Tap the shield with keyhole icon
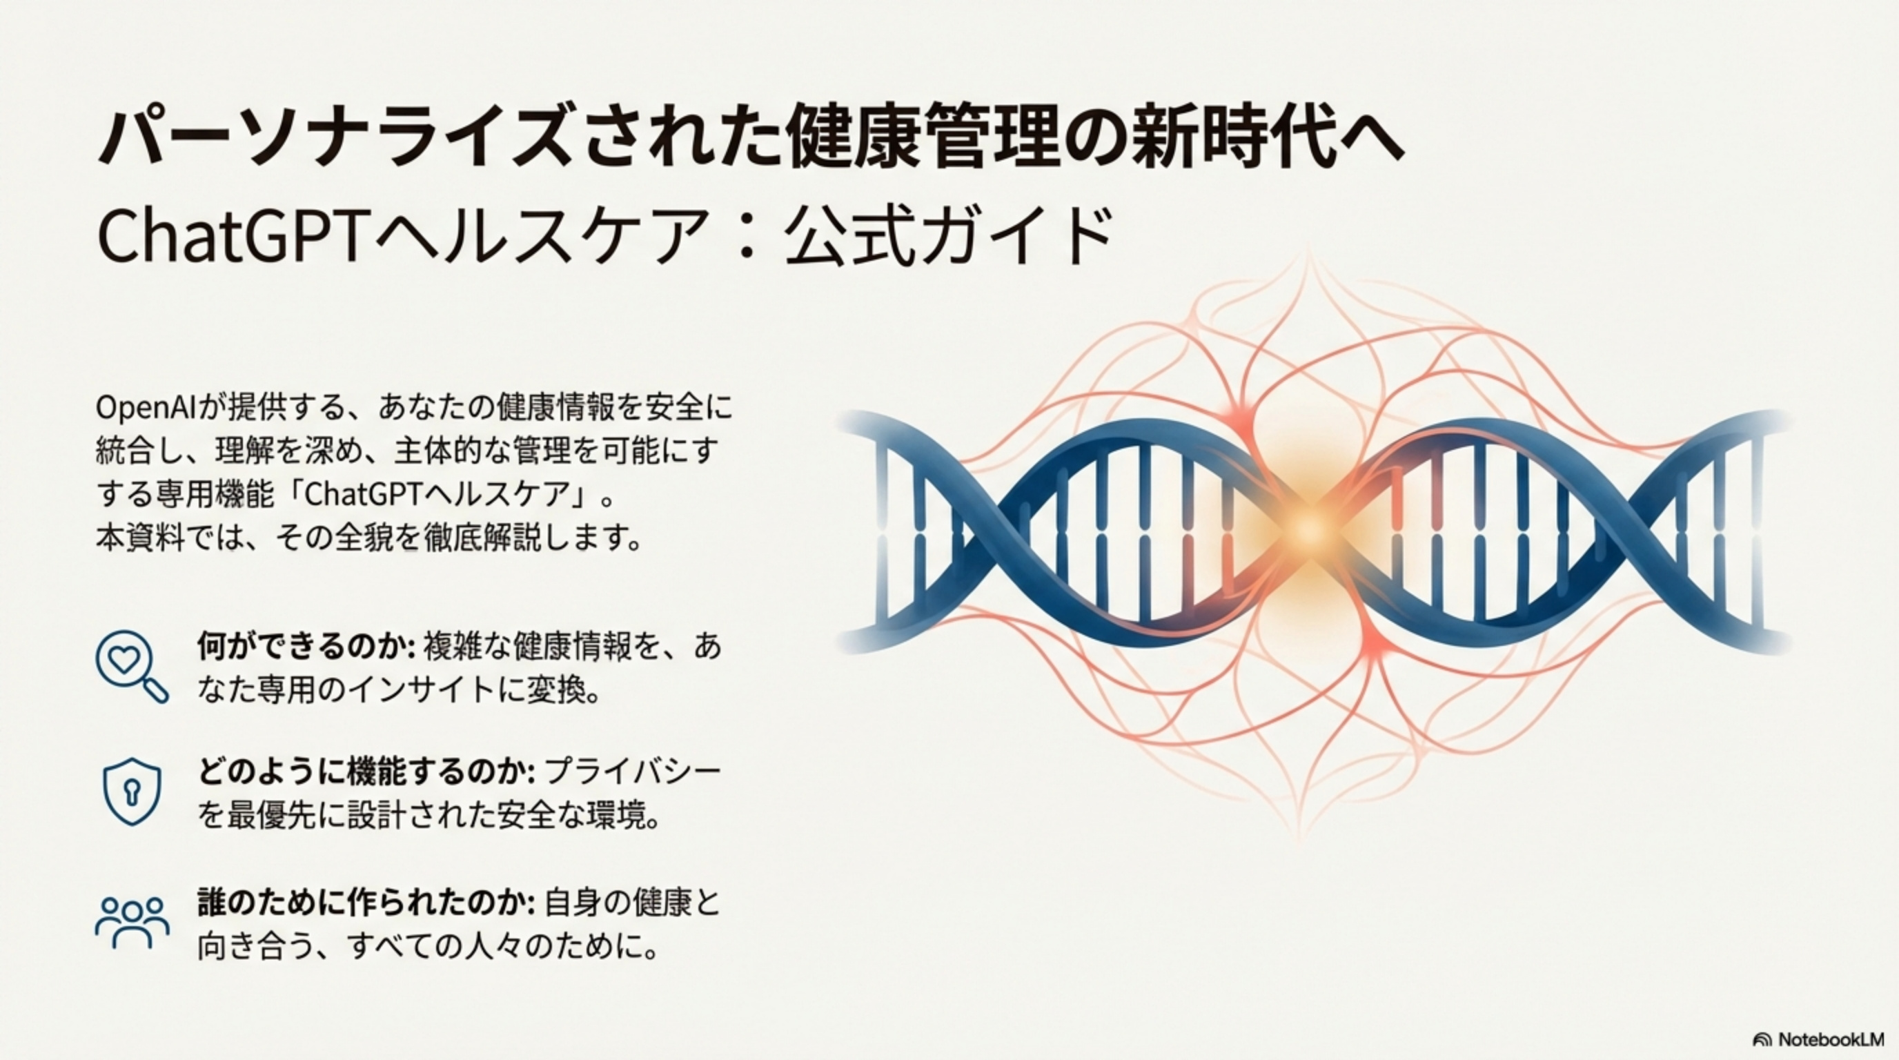pos(131,791)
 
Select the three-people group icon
pos(132,921)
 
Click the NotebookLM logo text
pos(1830,1039)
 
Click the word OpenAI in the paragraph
pos(144,409)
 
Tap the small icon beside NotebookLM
pos(1761,1040)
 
